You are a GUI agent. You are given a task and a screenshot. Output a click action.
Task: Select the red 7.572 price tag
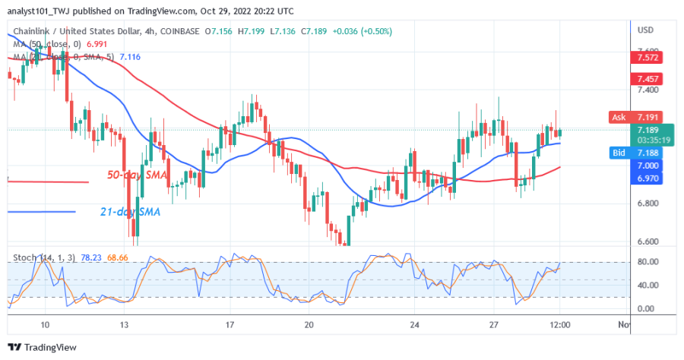pyautogui.click(x=650, y=57)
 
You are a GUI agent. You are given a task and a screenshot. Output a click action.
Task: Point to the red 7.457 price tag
pyautogui.click(x=650, y=78)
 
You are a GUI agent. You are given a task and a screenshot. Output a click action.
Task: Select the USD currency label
pyautogui.click(x=646, y=30)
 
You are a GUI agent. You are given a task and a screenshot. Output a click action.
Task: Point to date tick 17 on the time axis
pyautogui.click(x=230, y=325)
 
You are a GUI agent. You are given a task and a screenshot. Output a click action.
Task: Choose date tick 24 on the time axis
pyautogui.click(x=413, y=325)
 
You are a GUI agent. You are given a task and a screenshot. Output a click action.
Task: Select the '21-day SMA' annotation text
pyautogui.click(x=129, y=211)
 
